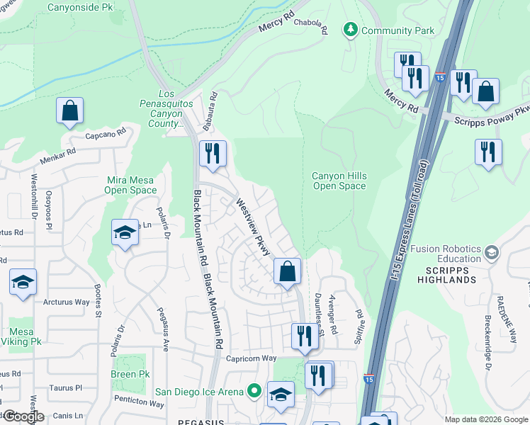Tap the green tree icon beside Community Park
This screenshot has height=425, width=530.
[349, 30]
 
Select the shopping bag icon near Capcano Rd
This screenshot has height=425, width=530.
[69, 110]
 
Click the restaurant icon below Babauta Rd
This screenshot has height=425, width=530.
[213, 153]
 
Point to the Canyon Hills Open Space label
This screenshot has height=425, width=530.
[339, 181]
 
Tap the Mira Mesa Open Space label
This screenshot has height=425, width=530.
[130, 185]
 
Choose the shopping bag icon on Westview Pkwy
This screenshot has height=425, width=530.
[287, 271]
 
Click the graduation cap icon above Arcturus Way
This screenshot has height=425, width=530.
[23, 282]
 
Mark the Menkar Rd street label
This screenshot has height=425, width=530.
[62, 154]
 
